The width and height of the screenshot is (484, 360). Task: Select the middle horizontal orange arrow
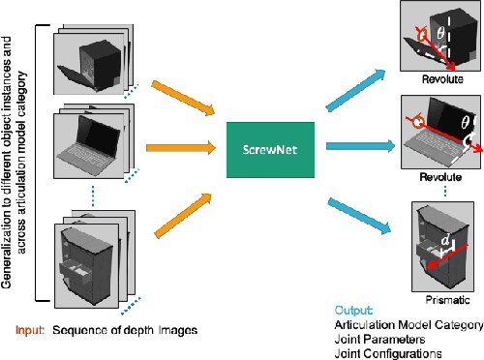point(180,148)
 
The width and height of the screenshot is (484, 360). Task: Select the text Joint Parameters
point(372,339)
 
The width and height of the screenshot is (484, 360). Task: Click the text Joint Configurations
point(379,352)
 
